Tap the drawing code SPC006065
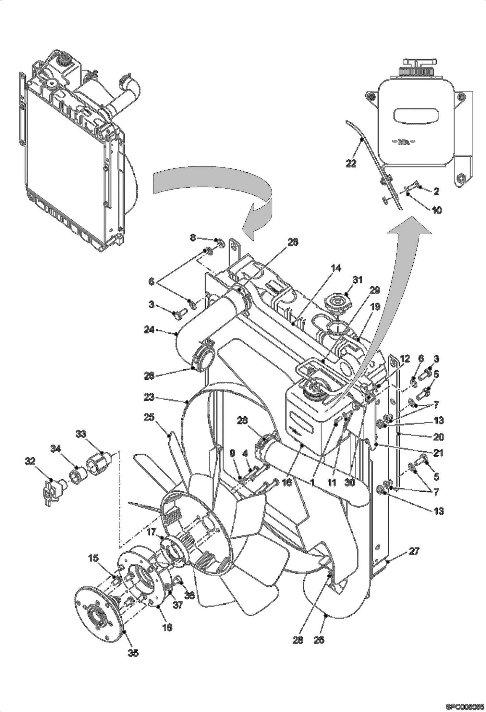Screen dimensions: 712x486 (465, 706)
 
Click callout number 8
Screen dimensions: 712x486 (193, 238)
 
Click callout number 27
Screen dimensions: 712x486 (414, 551)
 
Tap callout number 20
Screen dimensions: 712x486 (439, 437)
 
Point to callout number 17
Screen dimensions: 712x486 (152, 532)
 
